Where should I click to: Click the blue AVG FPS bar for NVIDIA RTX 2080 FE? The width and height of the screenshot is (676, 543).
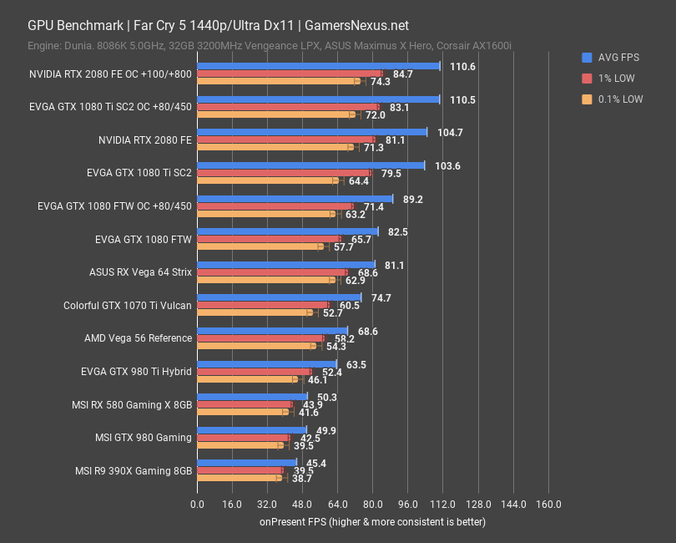(311, 132)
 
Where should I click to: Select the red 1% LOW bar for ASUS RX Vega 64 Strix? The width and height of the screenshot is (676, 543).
(271, 271)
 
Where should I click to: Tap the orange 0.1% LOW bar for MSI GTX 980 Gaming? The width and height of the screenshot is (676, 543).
(240, 445)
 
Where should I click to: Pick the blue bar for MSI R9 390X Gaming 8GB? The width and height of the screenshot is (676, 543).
(246, 462)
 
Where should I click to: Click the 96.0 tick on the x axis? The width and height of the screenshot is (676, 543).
(407, 505)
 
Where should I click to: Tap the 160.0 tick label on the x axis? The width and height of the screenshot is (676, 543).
(547, 505)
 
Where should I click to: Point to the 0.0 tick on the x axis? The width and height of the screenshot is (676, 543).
(197, 505)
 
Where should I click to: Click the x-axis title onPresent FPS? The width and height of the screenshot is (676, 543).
(371, 521)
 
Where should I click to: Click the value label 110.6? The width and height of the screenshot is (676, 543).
(462, 66)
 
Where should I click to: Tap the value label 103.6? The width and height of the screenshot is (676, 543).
(447, 165)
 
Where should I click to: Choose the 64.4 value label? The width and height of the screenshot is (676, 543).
(359, 180)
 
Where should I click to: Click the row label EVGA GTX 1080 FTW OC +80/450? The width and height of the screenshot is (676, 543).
(115, 206)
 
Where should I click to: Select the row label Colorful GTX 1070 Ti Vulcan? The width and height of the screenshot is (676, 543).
(128, 305)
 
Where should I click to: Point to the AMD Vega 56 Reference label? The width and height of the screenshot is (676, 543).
(138, 338)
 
